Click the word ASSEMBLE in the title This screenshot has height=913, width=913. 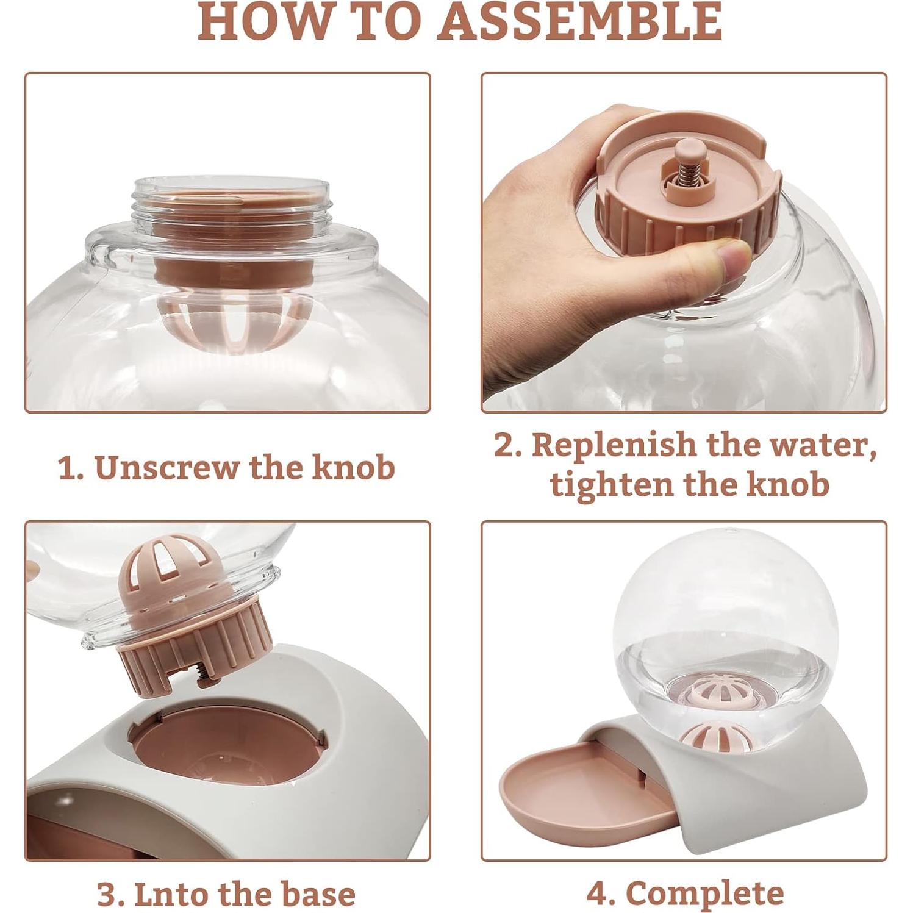[579, 21]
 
